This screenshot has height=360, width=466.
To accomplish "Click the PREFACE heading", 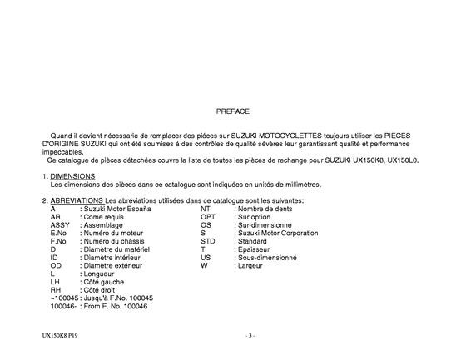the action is tap(232, 109).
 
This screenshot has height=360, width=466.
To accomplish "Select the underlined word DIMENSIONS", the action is tap(72, 176).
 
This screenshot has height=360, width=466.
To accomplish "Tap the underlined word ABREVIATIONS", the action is tap(76, 200).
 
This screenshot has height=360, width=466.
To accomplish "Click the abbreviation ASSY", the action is tap(61, 225).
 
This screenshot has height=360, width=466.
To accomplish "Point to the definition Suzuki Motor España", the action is tap(116, 209).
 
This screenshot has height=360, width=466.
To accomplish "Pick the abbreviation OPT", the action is tap(208, 217).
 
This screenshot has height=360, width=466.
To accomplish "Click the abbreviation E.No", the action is tap(59, 234).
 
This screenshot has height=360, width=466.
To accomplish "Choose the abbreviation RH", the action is tap(56, 290).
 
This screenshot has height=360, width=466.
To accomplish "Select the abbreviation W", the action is tap(204, 266).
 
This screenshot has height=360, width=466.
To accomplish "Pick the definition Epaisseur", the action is tap(255, 249).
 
